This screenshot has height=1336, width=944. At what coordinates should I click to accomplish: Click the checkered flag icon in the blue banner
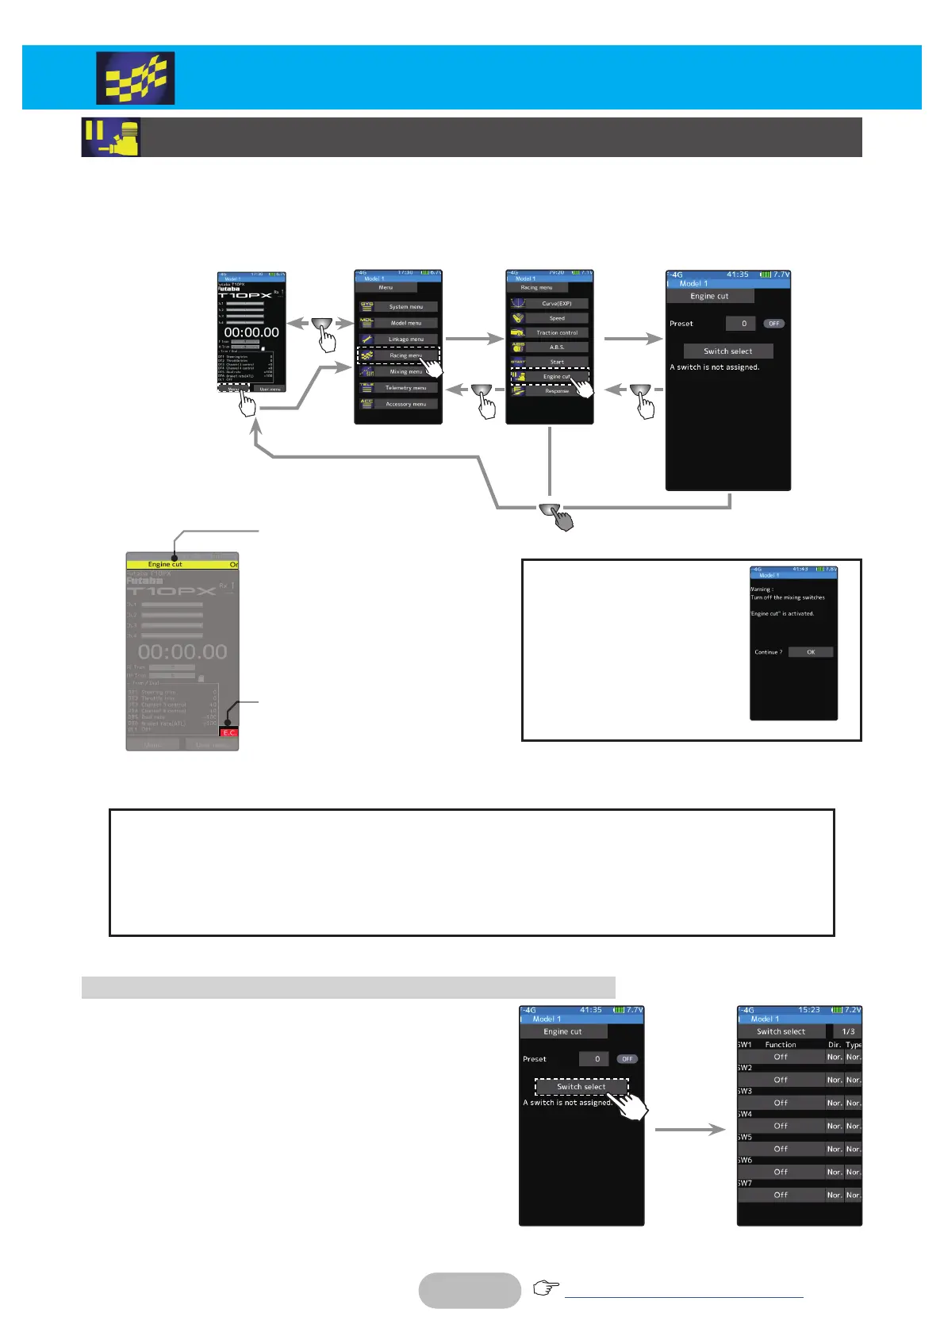tap(136, 79)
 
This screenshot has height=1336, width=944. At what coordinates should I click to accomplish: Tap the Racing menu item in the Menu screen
tap(405, 355)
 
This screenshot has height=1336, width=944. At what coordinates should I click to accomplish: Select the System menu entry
tap(405, 307)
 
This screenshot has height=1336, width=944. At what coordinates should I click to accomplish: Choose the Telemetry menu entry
tap(405, 388)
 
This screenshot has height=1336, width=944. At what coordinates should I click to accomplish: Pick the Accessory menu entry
tap(405, 404)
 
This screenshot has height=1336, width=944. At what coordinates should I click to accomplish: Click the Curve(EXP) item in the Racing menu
tap(557, 304)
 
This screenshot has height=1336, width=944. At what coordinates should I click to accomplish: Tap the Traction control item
tap(557, 333)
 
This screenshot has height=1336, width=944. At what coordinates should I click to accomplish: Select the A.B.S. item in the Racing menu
tap(557, 347)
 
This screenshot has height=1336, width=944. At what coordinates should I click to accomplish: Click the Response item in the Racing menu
tap(557, 391)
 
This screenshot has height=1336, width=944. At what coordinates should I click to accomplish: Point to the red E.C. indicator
tap(228, 732)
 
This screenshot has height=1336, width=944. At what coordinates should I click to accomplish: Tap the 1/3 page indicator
tap(848, 1031)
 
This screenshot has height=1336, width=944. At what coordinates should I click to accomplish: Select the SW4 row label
tap(745, 1114)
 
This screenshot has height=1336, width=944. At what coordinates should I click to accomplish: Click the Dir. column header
tap(834, 1045)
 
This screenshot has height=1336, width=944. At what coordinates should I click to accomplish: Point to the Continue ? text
tap(768, 652)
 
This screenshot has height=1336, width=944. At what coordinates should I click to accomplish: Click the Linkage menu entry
tap(405, 340)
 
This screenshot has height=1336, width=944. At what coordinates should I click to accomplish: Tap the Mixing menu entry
tap(405, 371)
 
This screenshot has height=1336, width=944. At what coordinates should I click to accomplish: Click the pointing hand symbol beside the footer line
tap(546, 1288)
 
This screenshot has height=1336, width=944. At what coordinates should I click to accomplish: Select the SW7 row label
tap(745, 1183)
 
